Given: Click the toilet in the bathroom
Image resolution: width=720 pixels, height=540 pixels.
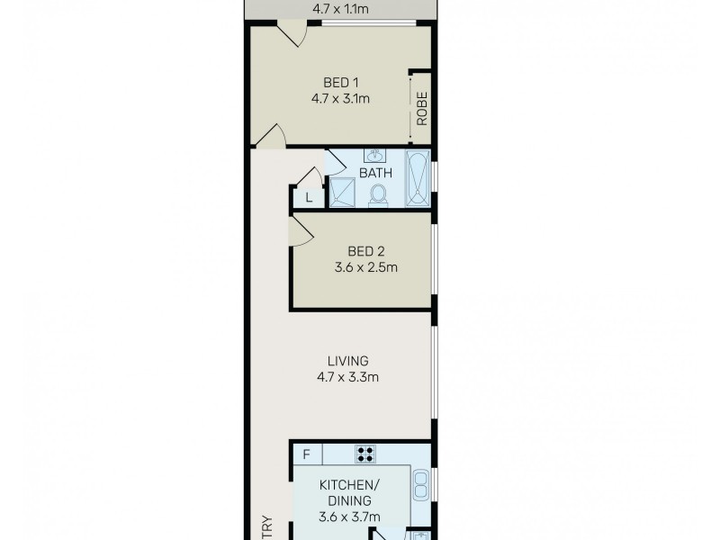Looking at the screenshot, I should point(379,193).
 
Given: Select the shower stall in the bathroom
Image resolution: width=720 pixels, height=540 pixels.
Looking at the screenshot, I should point(342,191).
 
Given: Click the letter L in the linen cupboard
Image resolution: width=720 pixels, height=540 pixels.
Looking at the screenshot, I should point(309,197).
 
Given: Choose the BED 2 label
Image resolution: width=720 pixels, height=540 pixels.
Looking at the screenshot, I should point(366,249).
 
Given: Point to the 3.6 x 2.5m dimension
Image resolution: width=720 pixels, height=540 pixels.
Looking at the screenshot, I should point(366,266).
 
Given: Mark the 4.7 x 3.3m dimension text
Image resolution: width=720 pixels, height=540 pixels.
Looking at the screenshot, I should point(346,377).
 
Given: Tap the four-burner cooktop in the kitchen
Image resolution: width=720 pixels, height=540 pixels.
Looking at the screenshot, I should point(366,454).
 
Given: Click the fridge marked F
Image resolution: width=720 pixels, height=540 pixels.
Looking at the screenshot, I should point(306,454).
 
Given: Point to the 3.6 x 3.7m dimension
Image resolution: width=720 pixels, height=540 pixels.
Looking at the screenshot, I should point(351,517).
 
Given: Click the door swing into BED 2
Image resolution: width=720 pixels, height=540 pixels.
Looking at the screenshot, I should point(301,232).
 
